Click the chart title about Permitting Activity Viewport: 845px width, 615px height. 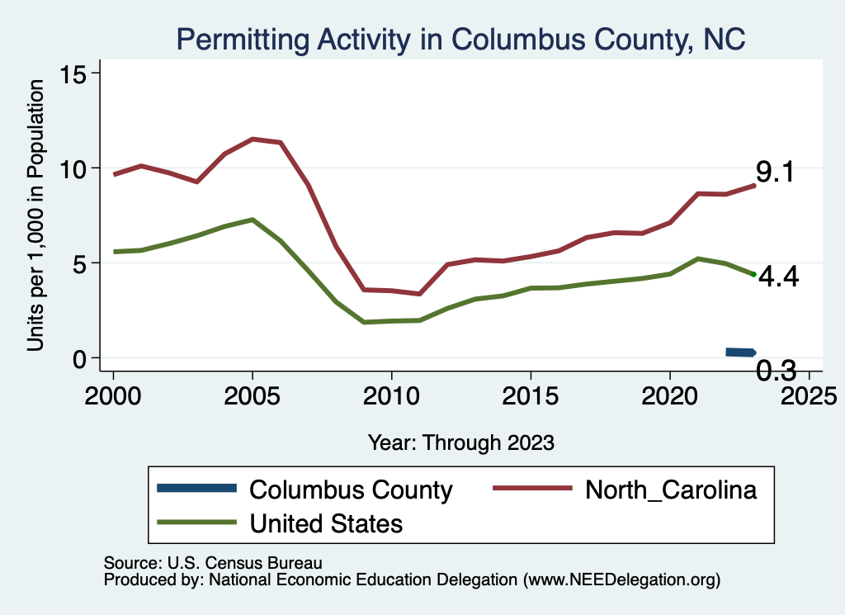coord(460,39)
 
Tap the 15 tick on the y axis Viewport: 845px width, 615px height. coord(78,73)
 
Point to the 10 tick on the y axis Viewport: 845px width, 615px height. coord(78,168)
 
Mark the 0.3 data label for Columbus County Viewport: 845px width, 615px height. coord(776,371)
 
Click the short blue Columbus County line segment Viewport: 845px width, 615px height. coord(739,352)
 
